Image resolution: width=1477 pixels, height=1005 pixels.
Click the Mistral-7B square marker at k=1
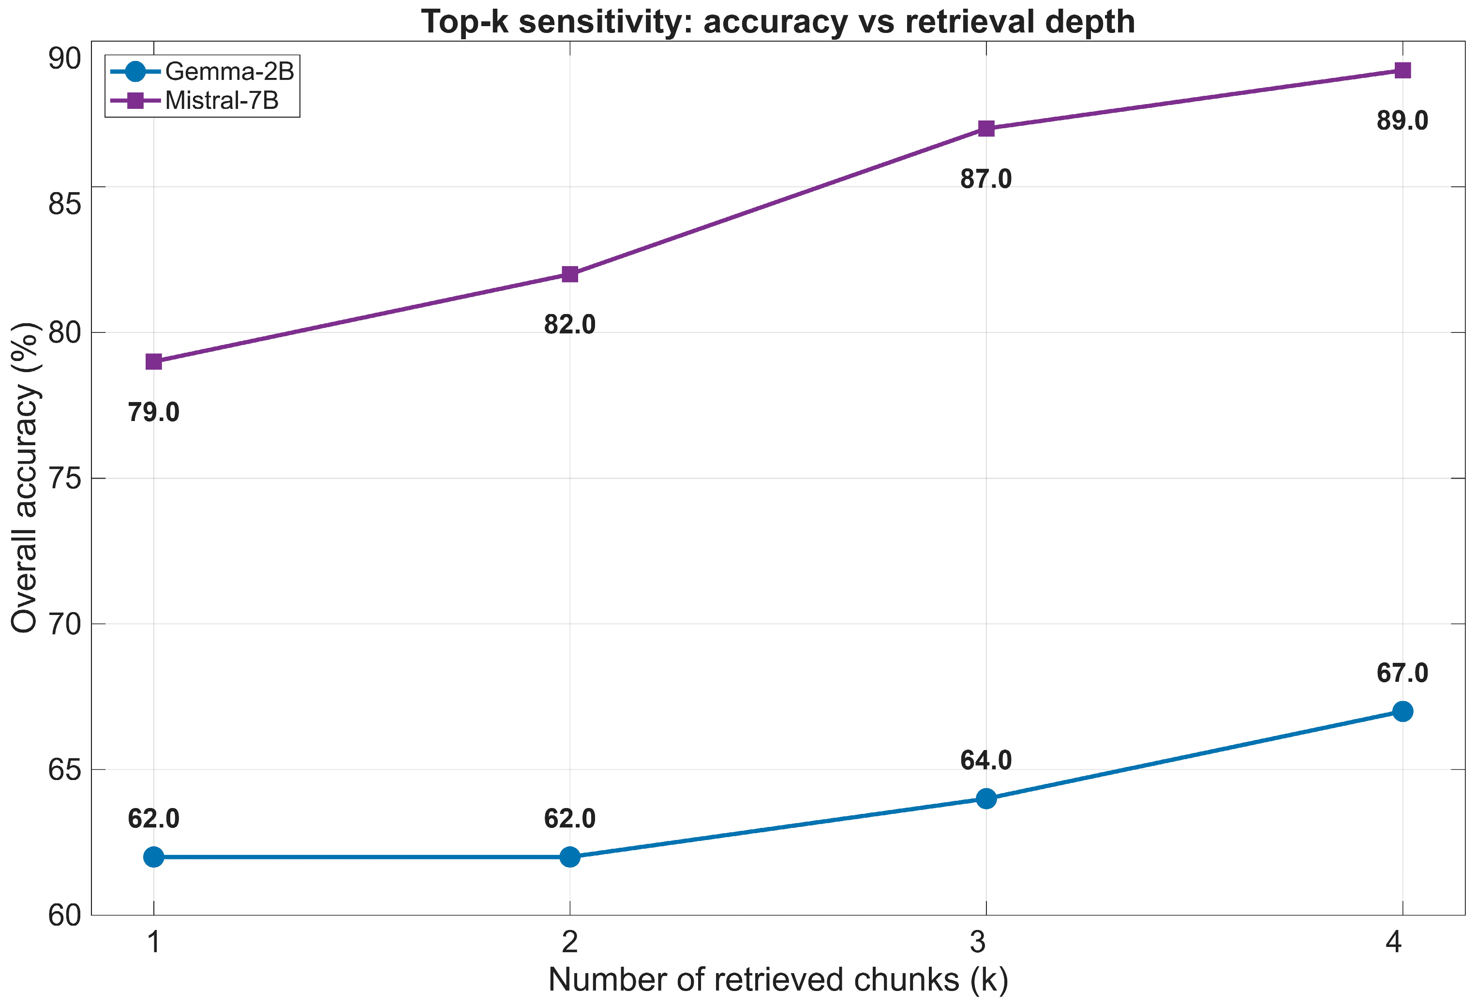pyautogui.click(x=154, y=362)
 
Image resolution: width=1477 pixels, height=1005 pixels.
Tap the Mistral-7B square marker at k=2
pyautogui.click(x=570, y=274)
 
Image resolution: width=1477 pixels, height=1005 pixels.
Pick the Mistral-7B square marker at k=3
pyautogui.click(x=986, y=128)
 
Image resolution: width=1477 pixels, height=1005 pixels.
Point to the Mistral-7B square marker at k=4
pyautogui.click(x=1402, y=70)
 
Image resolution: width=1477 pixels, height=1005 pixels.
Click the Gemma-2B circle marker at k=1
pyautogui.click(x=154, y=857)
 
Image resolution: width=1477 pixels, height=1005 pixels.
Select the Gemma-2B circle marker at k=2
pyautogui.click(x=570, y=857)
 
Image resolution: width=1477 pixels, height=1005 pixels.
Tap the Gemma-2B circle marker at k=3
pyautogui.click(x=986, y=798)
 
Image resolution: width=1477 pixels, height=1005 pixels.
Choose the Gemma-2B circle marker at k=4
pyautogui.click(x=1402, y=711)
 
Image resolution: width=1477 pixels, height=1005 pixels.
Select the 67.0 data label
pyautogui.click(x=1402, y=673)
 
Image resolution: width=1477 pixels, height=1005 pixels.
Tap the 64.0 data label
pyautogui.click(x=986, y=760)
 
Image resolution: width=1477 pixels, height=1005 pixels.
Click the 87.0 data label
pyautogui.click(x=986, y=179)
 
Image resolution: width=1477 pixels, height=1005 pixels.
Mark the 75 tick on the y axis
pyautogui.click(x=65, y=479)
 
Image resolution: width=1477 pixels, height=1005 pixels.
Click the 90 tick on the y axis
pyautogui.click(x=65, y=59)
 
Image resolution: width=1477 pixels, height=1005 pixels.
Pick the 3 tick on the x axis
pyautogui.click(x=978, y=942)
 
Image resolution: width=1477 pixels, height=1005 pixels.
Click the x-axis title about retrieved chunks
pyautogui.click(x=778, y=979)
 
